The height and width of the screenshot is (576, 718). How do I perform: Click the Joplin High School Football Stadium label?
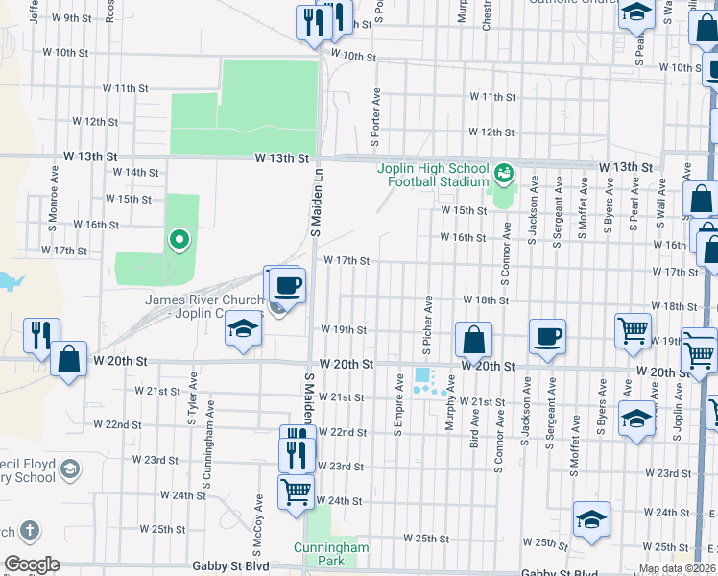tap(432, 175)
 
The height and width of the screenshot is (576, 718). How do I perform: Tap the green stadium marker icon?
tap(504, 175)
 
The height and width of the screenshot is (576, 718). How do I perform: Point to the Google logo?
tap(31, 564)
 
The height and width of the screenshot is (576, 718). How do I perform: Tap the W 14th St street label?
tap(134, 172)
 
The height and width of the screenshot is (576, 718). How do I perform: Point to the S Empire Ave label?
tap(398, 410)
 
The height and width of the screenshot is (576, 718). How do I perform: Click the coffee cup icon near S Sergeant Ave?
tap(547, 337)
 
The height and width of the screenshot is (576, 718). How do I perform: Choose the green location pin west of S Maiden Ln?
tap(178, 239)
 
